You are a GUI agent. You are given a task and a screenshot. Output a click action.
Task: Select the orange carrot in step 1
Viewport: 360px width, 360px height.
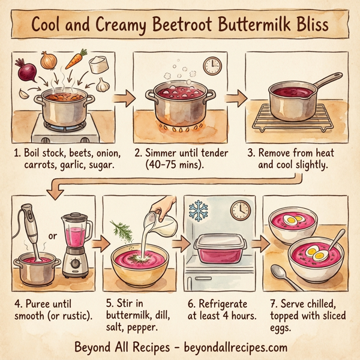coord(74,60)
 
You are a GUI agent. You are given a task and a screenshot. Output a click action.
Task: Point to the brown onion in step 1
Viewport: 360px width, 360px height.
coord(49,61)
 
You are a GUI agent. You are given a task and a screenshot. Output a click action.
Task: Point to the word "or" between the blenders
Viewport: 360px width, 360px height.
coord(52,236)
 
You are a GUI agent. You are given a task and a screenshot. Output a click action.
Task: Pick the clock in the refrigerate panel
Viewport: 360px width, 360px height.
coord(239,209)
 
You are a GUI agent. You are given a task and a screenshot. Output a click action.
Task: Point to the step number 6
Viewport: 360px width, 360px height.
coord(191,304)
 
